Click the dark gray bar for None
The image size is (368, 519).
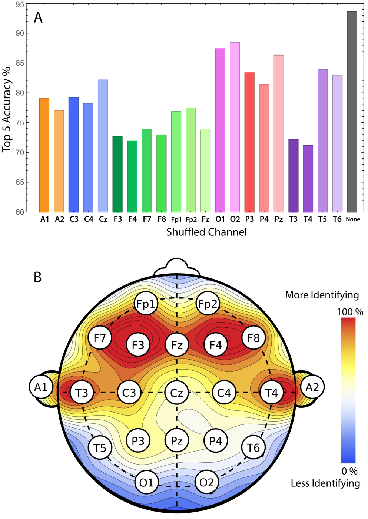pyautogui.click(x=352, y=111)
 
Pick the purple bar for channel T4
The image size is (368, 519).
pyautogui.click(x=308, y=178)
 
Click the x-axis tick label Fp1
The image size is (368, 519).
pyautogui.click(x=176, y=219)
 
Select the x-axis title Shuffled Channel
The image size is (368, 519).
pyautogui.click(x=206, y=232)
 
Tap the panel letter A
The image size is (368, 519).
pyautogui.click(x=38, y=17)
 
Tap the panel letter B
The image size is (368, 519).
pyautogui.click(x=37, y=277)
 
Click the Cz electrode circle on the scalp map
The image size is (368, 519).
pyautogui.click(x=177, y=393)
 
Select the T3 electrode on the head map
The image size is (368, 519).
pyautogui.click(x=82, y=393)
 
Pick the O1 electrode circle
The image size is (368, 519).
pyautogui.click(x=146, y=482)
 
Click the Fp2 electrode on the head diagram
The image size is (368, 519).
pyautogui.click(x=208, y=304)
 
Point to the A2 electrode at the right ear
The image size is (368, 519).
pyautogui.click(x=312, y=387)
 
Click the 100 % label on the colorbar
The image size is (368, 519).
pyautogui.click(x=349, y=312)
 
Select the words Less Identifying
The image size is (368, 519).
pyautogui.click(x=325, y=483)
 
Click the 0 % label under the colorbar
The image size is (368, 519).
pyautogui.click(x=349, y=471)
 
